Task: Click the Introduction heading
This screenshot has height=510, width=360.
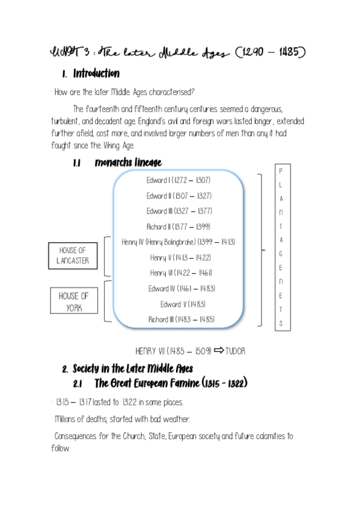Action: pyautogui.click(x=96, y=74)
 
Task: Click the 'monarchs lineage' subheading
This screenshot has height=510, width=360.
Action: pyautogui.click(x=128, y=163)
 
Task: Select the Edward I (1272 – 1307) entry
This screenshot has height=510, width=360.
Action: pyautogui.click(x=178, y=180)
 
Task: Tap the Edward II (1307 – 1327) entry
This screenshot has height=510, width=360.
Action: pyautogui.click(x=178, y=195)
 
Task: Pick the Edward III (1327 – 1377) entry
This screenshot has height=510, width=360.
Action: pyautogui.click(x=178, y=211)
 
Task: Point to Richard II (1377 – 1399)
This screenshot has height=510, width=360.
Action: pyautogui.click(x=178, y=227)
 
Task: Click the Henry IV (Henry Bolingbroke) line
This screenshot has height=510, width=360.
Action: pyautogui.click(x=178, y=242)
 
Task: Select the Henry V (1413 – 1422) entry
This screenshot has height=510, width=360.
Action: pyautogui.click(x=178, y=257)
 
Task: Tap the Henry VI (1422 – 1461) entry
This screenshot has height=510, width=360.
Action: pyautogui.click(x=178, y=273)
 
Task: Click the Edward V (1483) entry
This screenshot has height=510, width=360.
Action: pyautogui.click(x=178, y=304)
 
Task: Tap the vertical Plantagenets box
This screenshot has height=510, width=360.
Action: pyautogui.click(x=281, y=247)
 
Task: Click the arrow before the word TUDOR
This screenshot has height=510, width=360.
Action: pyautogui.click(x=219, y=350)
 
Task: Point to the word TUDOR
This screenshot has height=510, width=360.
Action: pyautogui.click(x=235, y=351)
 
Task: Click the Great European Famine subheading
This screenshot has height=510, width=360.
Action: pyautogui.click(x=171, y=383)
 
